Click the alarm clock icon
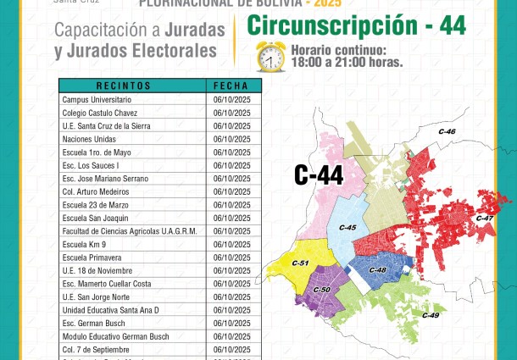coord(270,56)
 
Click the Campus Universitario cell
coord(97,99)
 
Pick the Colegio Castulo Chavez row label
coord(98,113)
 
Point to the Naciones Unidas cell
coord(88,139)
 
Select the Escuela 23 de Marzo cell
coord(94,205)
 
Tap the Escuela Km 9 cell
coord(86,244)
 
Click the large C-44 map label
coord(319,175)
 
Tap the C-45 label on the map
coord(347,228)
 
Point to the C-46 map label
coord(447,132)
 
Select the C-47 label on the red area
coord(485,219)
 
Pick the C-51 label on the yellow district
coord(299,263)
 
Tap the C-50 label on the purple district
coord(321,291)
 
